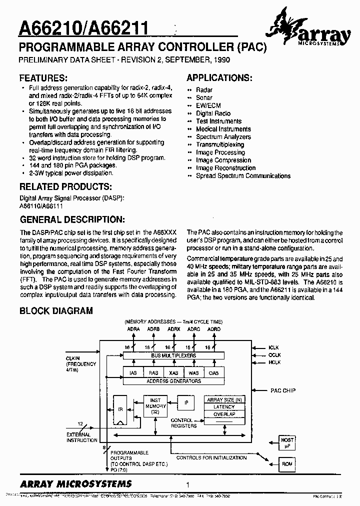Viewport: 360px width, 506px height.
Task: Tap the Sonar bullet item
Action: click(204, 97)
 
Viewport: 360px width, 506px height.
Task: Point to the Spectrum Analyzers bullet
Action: click(223, 136)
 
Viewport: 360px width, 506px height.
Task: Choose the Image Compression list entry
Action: click(223, 160)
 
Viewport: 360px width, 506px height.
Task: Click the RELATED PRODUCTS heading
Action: click(65, 186)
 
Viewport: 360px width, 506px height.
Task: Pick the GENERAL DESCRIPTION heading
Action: click(71, 219)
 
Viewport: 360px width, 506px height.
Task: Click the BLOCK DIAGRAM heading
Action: click(56, 310)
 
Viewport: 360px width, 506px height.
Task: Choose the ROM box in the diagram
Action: click(287, 463)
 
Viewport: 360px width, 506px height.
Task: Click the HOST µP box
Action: click(287, 441)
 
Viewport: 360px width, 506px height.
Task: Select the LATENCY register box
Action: click(223, 406)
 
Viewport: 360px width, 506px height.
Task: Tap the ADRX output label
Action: click(174, 329)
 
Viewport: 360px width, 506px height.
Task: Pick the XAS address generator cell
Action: click(173, 372)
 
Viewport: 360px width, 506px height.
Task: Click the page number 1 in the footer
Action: click(187, 484)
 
